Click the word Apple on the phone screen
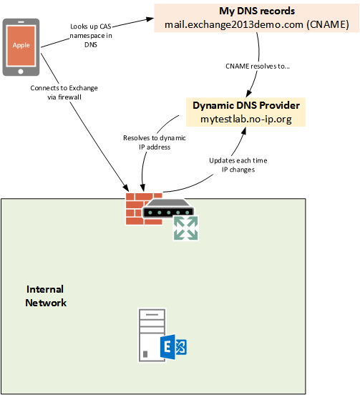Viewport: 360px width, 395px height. tap(21, 45)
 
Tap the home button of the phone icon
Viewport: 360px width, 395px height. tap(21, 72)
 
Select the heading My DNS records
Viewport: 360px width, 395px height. tap(257, 11)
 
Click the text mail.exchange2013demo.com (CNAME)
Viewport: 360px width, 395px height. tap(257, 24)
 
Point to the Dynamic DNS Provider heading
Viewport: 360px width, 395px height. tap(246, 105)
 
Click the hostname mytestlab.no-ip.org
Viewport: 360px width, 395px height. tap(246, 119)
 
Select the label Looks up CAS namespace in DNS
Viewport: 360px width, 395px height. tap(91, 36)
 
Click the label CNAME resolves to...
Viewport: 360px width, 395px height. tap(258, 67)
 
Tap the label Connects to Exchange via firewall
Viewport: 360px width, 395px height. tap(64, 92)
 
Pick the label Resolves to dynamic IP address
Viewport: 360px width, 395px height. tap(155, 142)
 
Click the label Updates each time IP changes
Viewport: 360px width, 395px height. tap(238, 165)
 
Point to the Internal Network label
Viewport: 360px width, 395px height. tap(46, 296)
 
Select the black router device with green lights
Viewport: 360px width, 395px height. tap(168, 208)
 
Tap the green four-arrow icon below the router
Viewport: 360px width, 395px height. tap(185, 228)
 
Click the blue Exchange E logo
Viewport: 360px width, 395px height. tap(173, 347)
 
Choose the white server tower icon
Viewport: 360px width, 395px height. tap(152, 336)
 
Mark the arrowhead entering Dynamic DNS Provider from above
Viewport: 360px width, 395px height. tap(249, 94)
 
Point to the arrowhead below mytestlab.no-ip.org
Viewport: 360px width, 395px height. tap(243, 131)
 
